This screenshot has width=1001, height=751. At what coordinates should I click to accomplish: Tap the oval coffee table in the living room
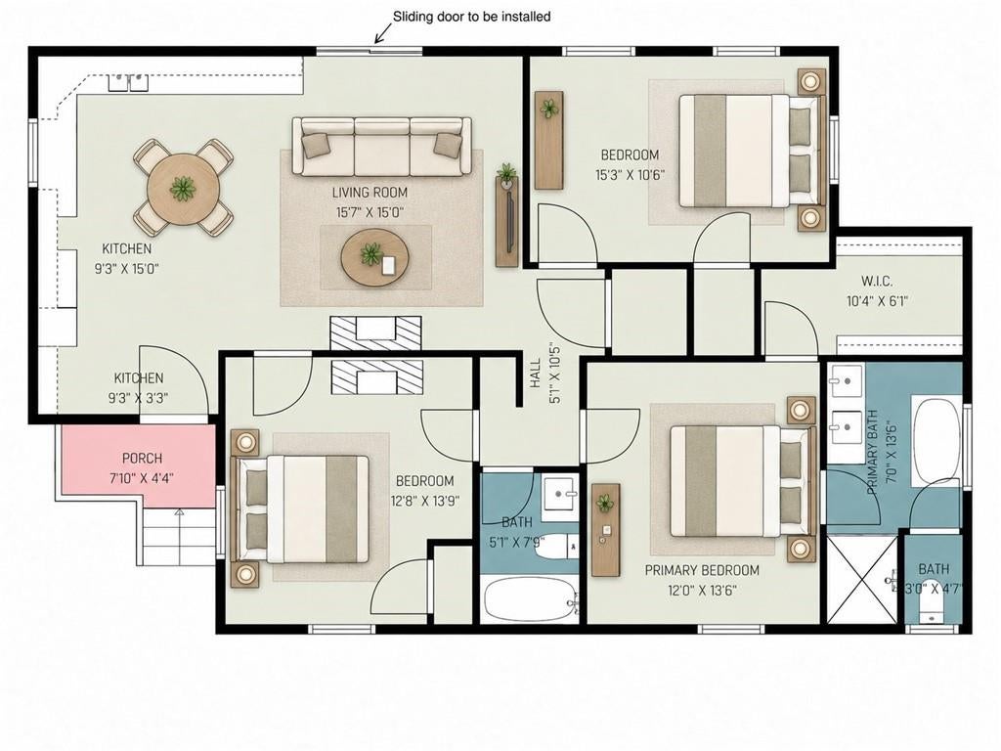click(374, 257)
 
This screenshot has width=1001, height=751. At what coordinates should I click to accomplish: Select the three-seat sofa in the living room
click(382, 147)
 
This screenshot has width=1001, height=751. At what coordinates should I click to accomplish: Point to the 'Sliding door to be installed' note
click(471, 17)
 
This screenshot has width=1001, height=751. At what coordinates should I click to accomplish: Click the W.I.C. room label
click(877, 281)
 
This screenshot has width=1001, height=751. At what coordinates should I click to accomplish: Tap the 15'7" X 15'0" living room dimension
click(370, 212)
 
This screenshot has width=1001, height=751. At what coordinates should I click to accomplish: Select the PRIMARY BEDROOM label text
click(702, 570)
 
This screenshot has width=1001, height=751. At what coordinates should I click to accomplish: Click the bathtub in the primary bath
click(936, 441)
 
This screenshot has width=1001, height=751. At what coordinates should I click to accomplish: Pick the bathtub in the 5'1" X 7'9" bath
click(529, 599)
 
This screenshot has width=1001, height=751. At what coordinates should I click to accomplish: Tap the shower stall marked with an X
click(862, 578)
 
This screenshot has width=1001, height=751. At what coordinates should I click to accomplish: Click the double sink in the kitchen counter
click(128, 82)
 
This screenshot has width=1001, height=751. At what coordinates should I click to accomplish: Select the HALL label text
click(535, 373)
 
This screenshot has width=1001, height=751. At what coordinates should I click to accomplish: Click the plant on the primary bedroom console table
click(604, 504)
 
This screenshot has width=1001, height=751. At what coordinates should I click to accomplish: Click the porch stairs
click(178, 537)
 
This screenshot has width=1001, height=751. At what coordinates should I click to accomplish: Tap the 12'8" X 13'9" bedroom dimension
click(425, 502)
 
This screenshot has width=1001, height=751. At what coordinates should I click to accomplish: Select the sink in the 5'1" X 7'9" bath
click(560, 494)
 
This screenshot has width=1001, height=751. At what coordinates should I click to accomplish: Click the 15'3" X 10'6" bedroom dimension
click(631, 175)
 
